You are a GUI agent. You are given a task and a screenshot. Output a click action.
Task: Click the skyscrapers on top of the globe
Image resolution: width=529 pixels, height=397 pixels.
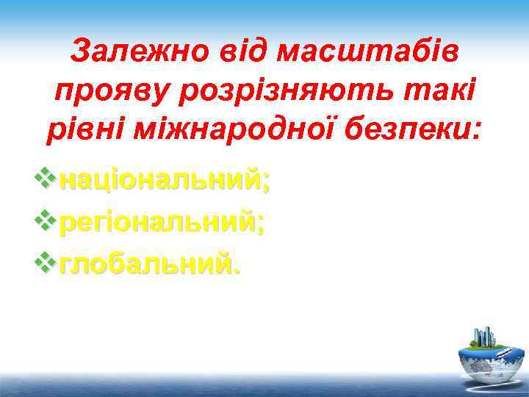pos(484,336)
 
